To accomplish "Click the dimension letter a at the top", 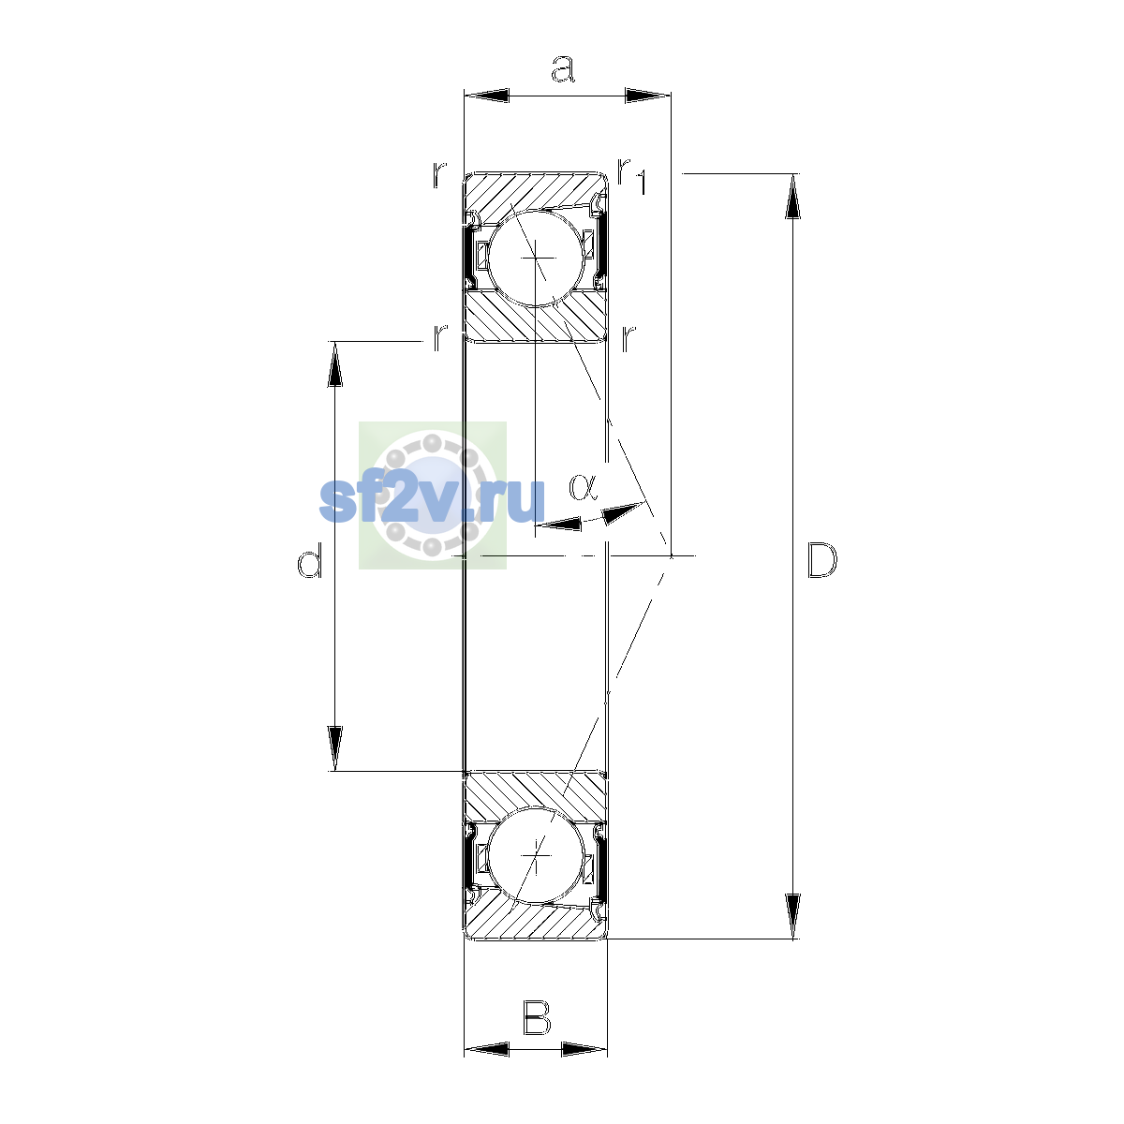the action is [x=563, y=68].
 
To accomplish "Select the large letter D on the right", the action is [x=821, y=560].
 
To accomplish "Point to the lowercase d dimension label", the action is [x=310, y=559].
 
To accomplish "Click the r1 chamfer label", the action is [x=631, y=175].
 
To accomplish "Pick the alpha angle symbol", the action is [x=583, y=488].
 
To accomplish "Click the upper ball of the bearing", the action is [x=537, y=258].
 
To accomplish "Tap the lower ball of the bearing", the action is [x=536, y=855].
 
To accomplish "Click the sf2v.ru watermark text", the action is [x=432, y=500].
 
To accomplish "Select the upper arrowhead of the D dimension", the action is [x=792, y=196].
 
